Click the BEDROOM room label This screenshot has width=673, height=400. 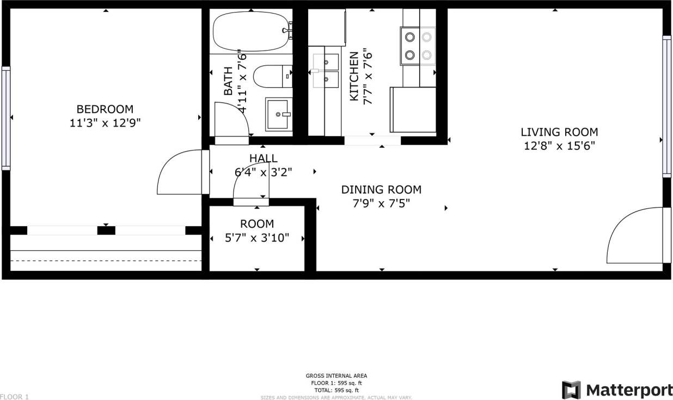(x=105, y=109)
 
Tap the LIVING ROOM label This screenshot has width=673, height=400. (x=559, y=132)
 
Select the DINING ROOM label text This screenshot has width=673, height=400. (x=381, y=190)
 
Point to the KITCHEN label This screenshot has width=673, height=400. (x=354, y=76)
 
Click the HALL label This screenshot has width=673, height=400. (x=264, y=159)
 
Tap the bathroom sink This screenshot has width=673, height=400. (x=278, y=114)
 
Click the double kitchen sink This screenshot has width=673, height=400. (x=326, y=71)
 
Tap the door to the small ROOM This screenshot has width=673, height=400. (x=250, y=185)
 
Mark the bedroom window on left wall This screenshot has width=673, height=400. (x=6, y=117)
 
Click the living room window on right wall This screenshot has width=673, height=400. (x=666, y=106)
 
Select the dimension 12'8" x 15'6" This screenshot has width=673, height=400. (x=559, y=146)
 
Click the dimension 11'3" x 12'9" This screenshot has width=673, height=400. (x=105, y=123)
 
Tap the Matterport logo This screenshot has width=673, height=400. (x=617, y=390)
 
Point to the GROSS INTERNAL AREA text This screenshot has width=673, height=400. (x=336, y=375)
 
